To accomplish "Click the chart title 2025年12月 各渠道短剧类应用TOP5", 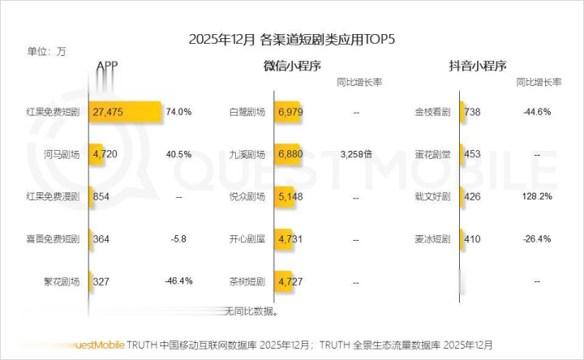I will (292, 39).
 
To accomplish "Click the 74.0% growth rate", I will (178, 111).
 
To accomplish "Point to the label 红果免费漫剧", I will (54, 196).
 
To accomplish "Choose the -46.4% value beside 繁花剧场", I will (178, 281).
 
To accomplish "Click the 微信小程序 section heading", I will (293, 66).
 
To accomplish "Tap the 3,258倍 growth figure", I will (356, 153).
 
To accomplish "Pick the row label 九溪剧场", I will (248, 154).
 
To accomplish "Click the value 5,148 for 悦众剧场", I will (290, 196).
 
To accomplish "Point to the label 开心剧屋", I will (248, 239).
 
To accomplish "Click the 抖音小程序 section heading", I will (478, 66).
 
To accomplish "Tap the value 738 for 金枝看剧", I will (473, 111).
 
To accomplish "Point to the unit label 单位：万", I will (47, 52).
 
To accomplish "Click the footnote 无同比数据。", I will (252, 311).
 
